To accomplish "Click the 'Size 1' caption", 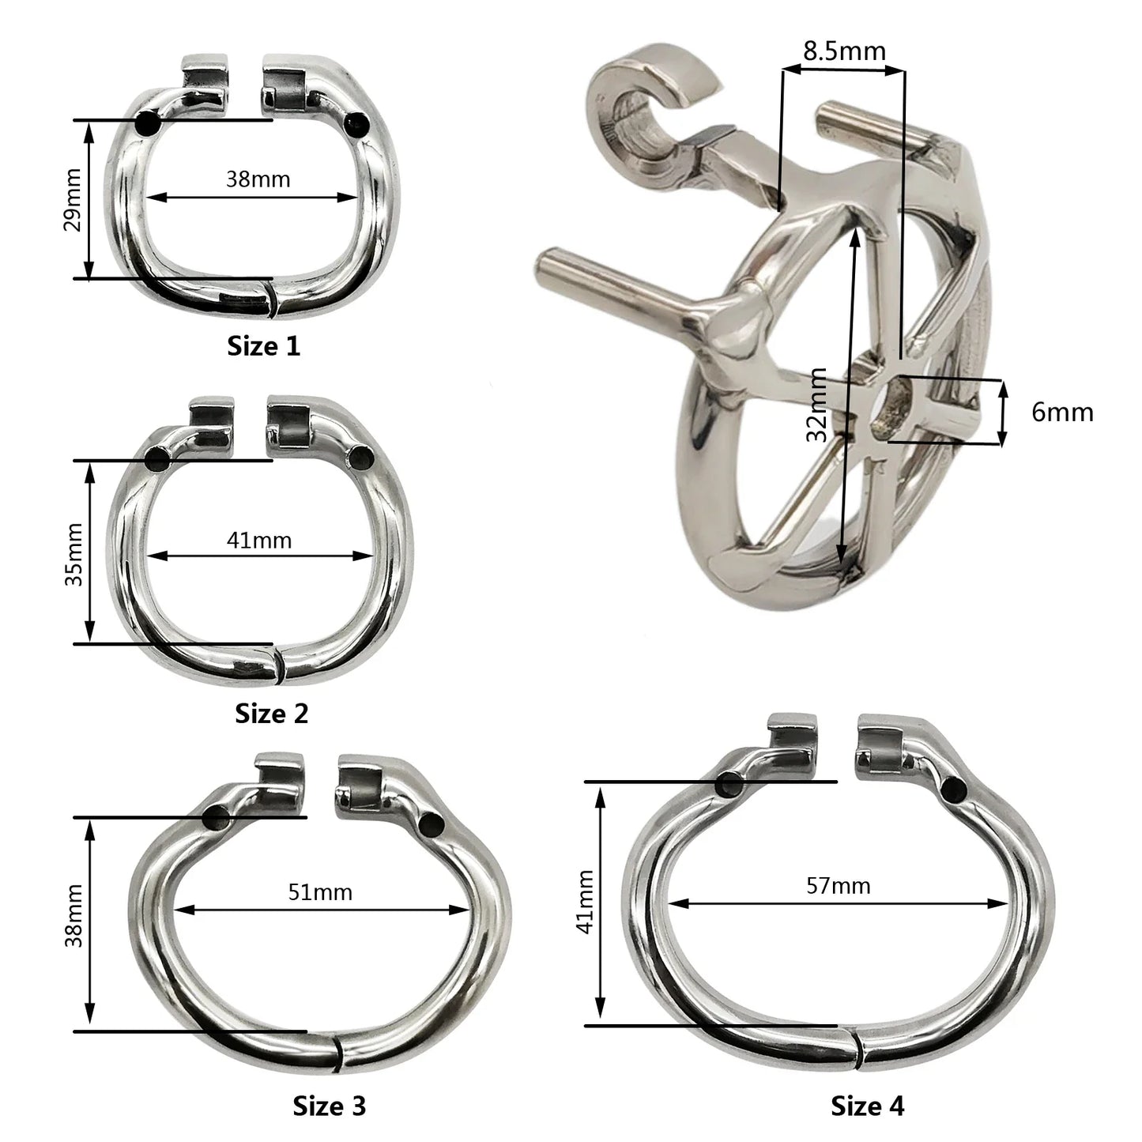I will coord(264,346).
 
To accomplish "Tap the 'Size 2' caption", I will coord(271,714).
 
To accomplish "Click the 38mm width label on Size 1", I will coord(258,179).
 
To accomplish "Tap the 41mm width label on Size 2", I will coord(258,541).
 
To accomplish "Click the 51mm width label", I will coord(319,892).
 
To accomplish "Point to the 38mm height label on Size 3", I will coord(73,925).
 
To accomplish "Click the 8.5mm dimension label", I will coord(843,52).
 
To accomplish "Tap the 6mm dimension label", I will coord(1062,413).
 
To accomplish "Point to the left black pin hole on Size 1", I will coord(147,124).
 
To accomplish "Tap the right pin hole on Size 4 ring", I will coord(953,788).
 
